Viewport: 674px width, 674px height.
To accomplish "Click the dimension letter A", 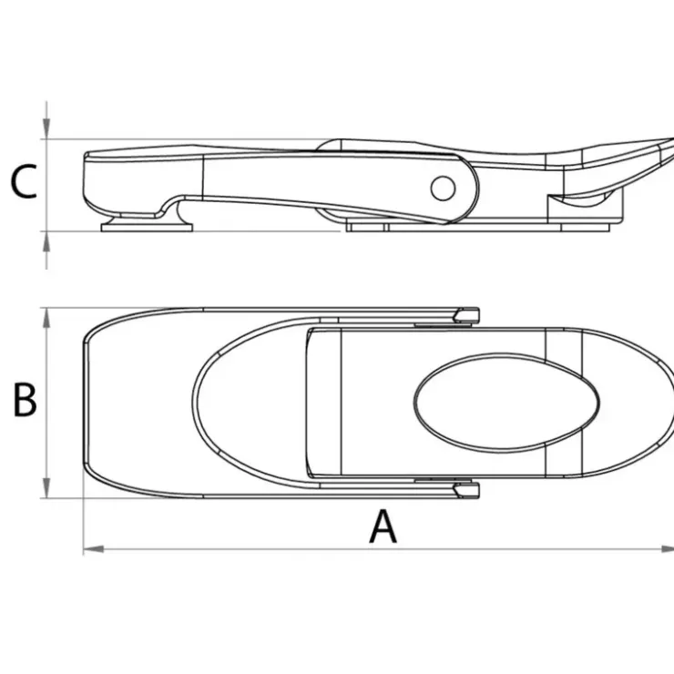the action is (383, 526).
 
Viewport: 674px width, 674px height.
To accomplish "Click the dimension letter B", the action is (25, 400).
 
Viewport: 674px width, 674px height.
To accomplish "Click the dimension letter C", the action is (24, 181).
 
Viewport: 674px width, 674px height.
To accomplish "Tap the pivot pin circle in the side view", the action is (443, 188).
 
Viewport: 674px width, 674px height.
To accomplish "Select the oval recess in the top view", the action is (506, 402).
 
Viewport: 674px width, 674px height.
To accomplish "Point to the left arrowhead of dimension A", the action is (93, 549).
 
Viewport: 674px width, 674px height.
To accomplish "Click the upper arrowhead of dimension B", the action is (46, 318).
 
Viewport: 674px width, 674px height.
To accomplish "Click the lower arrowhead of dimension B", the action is (46, 487).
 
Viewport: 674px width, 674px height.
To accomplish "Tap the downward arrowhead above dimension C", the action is (46, 128).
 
